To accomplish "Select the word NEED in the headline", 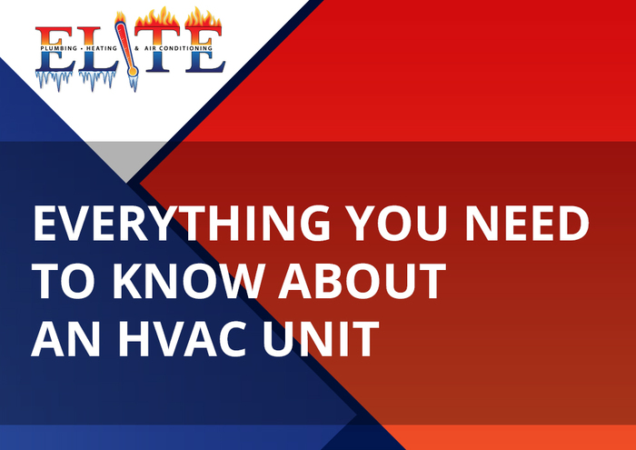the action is pos(527,223).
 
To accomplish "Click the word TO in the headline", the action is pos(65,281).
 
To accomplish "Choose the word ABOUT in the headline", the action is pos(362,281).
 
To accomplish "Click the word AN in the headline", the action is pos(65,338).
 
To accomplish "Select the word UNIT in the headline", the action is pos(322,338).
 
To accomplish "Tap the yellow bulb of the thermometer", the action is pos(133,72).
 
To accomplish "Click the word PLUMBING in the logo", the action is pos(59,49).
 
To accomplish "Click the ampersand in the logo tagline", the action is pos(136,49).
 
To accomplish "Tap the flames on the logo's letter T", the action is pos(157,18).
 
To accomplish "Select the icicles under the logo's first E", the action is pos(55,79).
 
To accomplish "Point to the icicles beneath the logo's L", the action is pos(97,79).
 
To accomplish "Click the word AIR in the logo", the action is pos(150,49).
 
